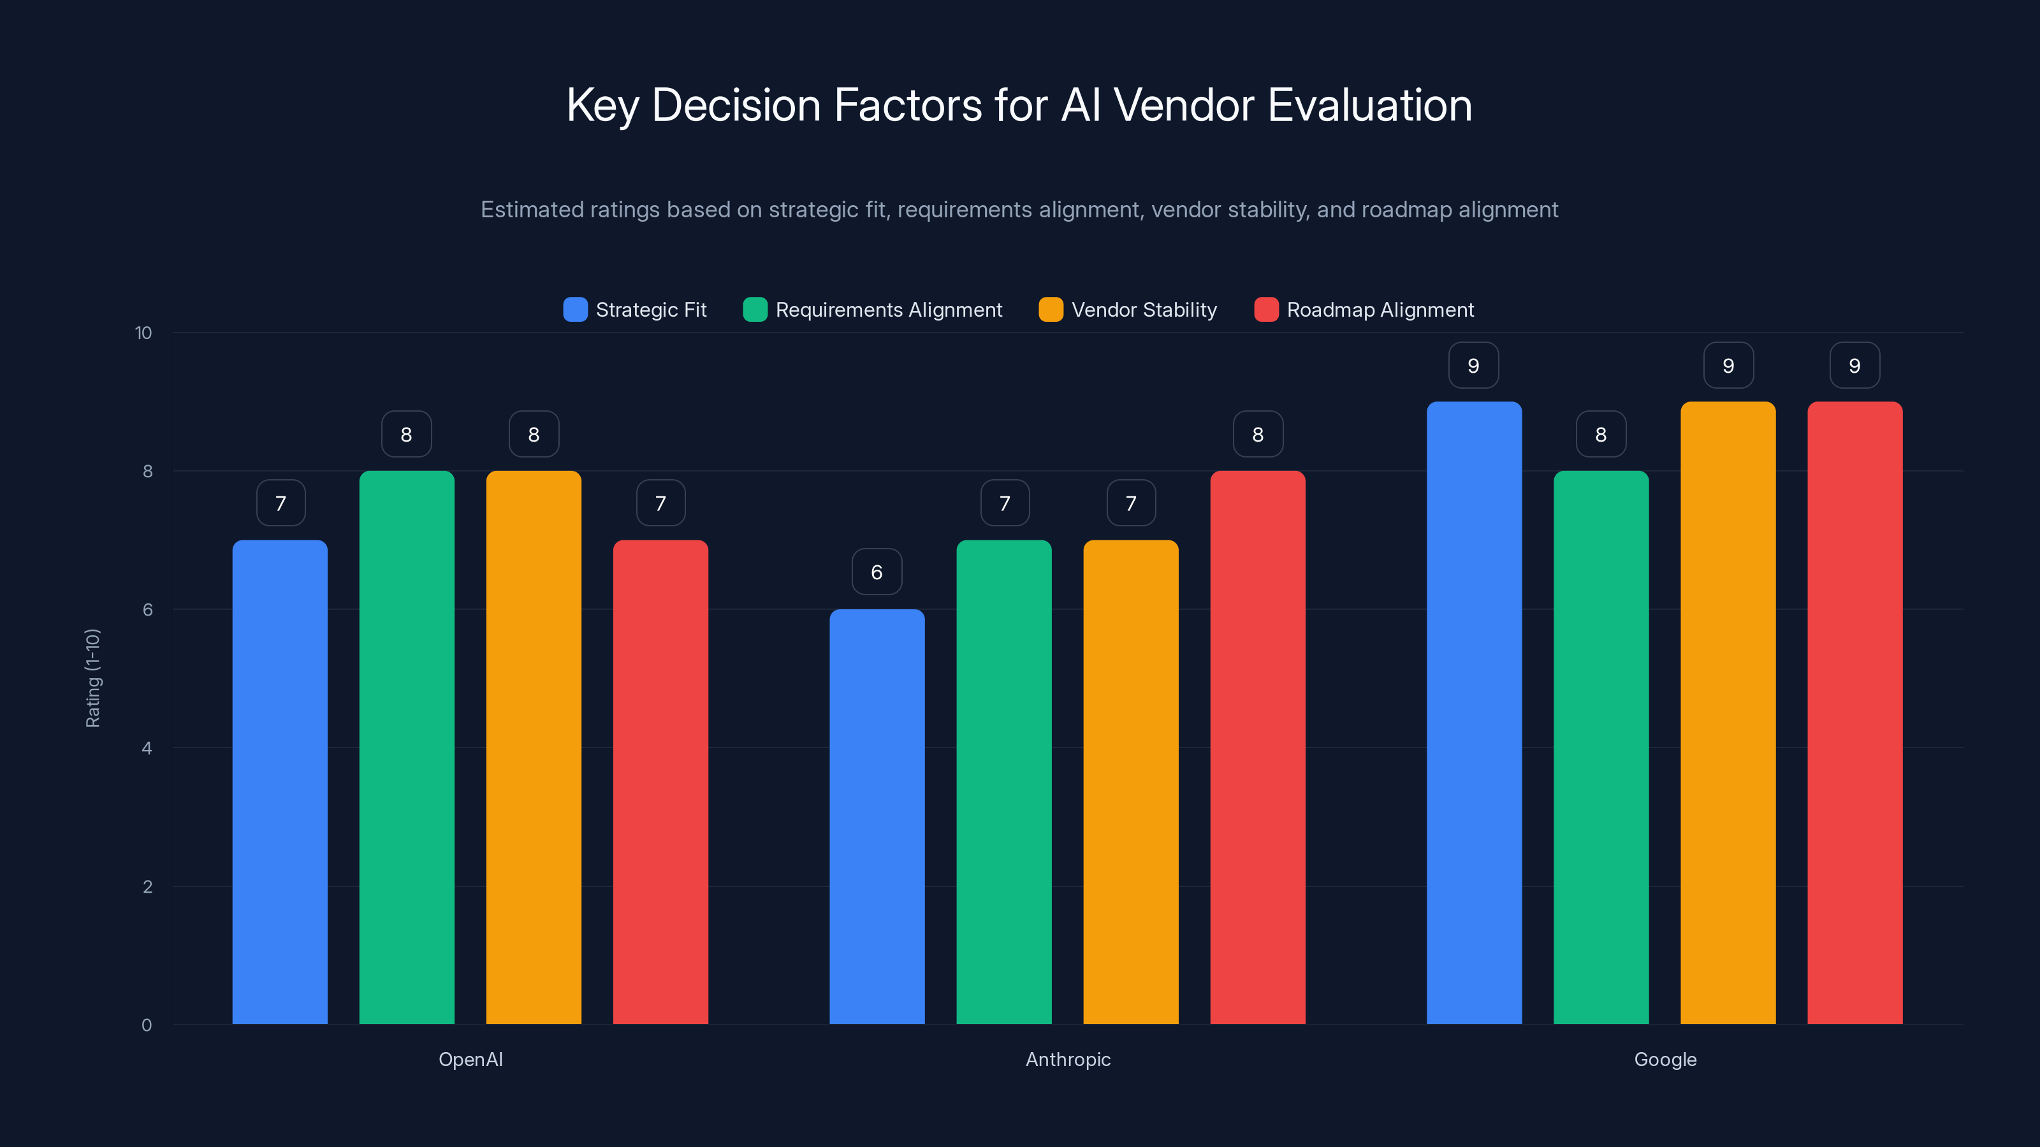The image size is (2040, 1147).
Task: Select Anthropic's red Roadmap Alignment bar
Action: (x=1258, y=747)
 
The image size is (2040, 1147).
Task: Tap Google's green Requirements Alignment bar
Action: (x=1601, y=747)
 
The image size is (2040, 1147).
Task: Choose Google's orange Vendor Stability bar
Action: (x=1728, y=712)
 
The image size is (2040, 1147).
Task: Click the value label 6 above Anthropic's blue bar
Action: (x=877, y=572)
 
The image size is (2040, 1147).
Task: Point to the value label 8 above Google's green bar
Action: (x=1601, y=434)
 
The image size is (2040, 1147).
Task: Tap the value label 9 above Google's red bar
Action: (x=1854, y=365)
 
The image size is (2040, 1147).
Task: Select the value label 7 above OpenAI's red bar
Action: (x=660, y=503)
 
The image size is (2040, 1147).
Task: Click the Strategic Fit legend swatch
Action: (x=575, y=310)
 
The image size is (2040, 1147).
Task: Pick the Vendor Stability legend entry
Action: (x=1143, y=310)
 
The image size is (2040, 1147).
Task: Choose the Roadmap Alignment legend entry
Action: (x=1380, y=310)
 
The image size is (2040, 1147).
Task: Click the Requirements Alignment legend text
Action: (x=889, y=310)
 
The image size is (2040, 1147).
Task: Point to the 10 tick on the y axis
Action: (x=143, y=333)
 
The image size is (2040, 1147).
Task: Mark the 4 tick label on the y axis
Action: (x=147, y=748)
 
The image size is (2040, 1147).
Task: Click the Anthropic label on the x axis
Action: (x=1068, y=1059)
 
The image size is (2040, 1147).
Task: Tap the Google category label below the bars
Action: (x=1665, y=1059)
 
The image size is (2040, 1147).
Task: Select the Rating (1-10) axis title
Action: (x=92, y=679)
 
